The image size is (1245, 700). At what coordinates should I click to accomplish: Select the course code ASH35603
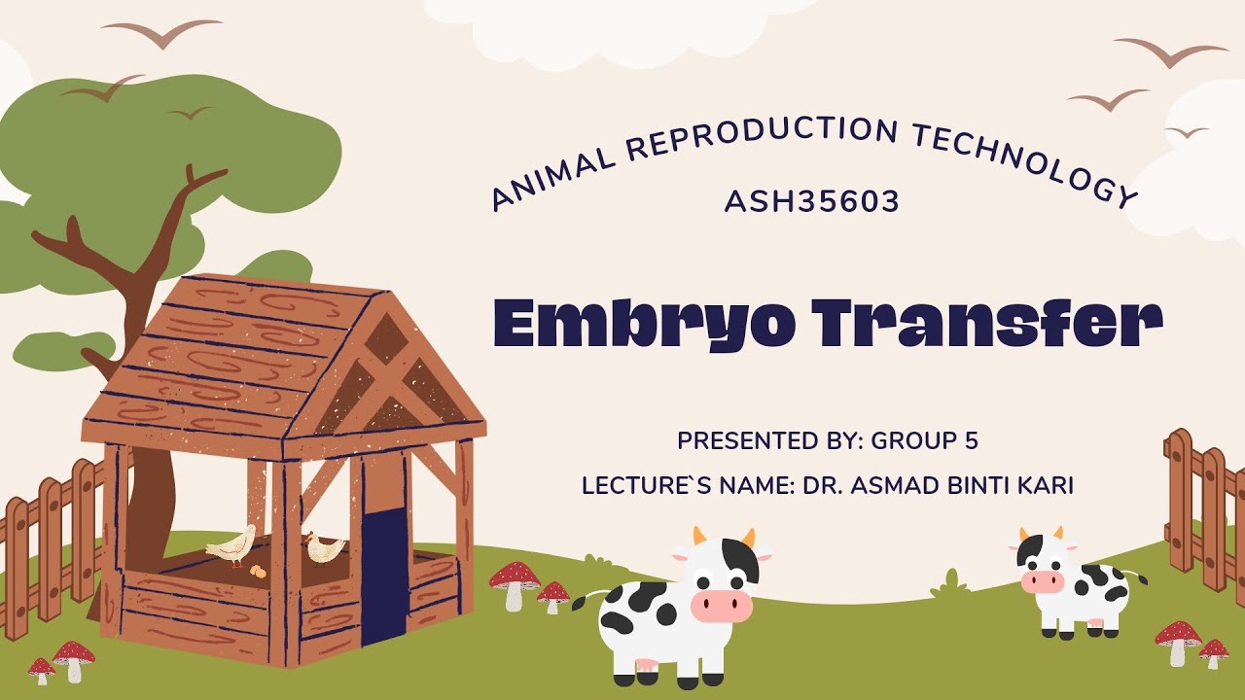tap(812, 202)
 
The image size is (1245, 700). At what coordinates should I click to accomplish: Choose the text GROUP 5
tap(924, 440)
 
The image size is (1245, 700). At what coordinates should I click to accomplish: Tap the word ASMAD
tap(886, 485)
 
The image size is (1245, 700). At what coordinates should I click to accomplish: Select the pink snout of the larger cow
tap(722, 606)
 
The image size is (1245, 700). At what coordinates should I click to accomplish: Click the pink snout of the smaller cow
tap(1043, 581)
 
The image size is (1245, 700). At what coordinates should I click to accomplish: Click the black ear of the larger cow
tap(740, 562)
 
